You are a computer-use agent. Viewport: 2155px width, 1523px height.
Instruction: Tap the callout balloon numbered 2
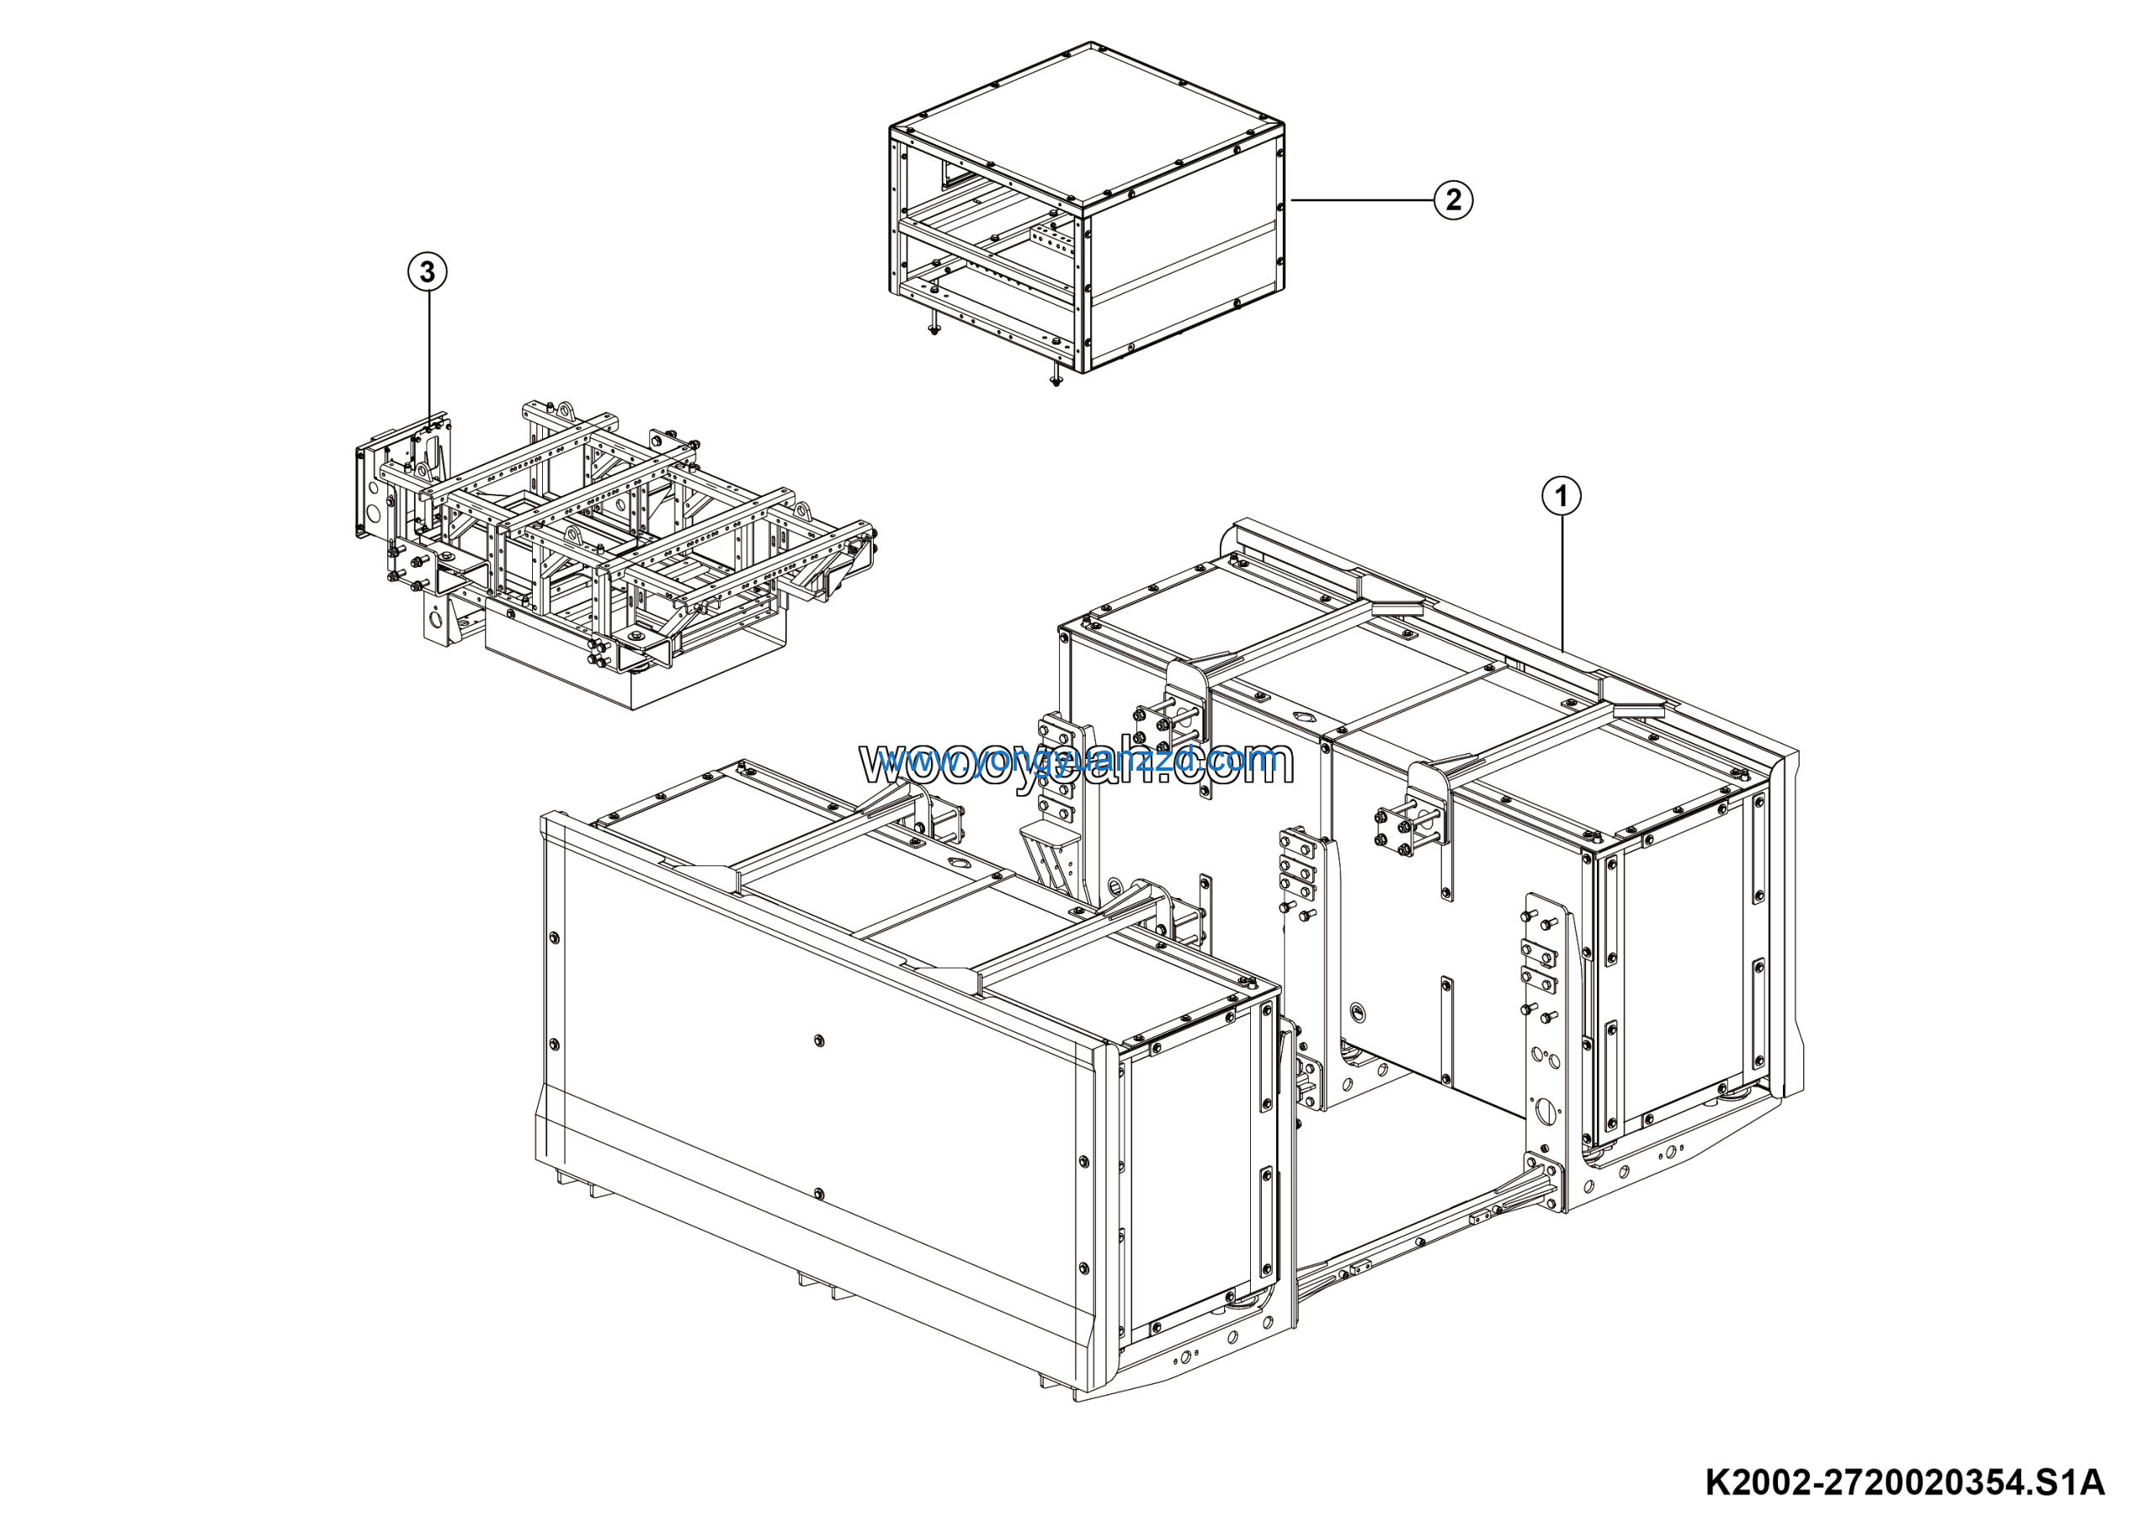coord(1453,200)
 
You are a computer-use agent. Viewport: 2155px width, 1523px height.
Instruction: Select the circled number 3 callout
coord(427,272)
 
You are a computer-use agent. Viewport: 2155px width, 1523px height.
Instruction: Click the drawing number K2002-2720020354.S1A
coord(1904,1482)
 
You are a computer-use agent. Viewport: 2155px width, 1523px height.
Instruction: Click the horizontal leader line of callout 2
coord(1361,200)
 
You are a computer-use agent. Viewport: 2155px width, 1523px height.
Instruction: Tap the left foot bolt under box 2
coord(933,329)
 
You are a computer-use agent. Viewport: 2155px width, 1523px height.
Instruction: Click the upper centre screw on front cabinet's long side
coord(819,1039)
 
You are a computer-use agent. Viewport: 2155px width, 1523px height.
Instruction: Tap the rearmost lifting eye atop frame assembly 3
coord(566,410)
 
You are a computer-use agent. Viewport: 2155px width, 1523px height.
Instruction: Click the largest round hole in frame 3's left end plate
coord(375,511)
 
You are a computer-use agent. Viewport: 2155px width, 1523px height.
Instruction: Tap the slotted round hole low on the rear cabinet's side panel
coord(1358,1012)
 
